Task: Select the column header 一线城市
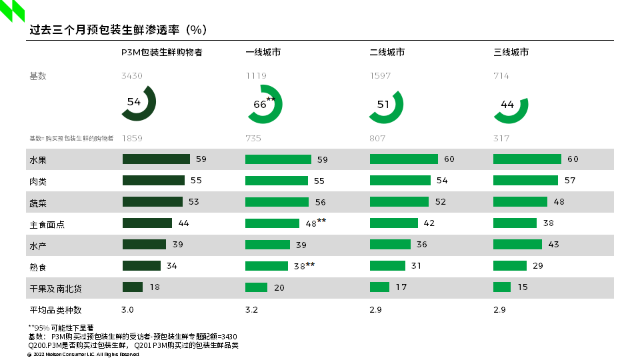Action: tap(263, 52)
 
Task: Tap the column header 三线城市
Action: tap(511, 52)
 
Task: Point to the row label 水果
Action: tap(38, 160)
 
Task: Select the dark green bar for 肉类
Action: tap(153, 181)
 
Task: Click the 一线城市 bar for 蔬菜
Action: tap(277, 202)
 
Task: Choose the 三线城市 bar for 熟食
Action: tap(510, 266)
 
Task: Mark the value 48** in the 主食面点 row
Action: tap(315, 223)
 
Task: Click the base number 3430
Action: tap(132, 76)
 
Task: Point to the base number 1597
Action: tap(380, 76)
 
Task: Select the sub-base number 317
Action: tap(501, 139)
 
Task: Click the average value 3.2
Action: tap(251, 310)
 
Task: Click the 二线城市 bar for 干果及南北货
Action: tap(379, 287)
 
